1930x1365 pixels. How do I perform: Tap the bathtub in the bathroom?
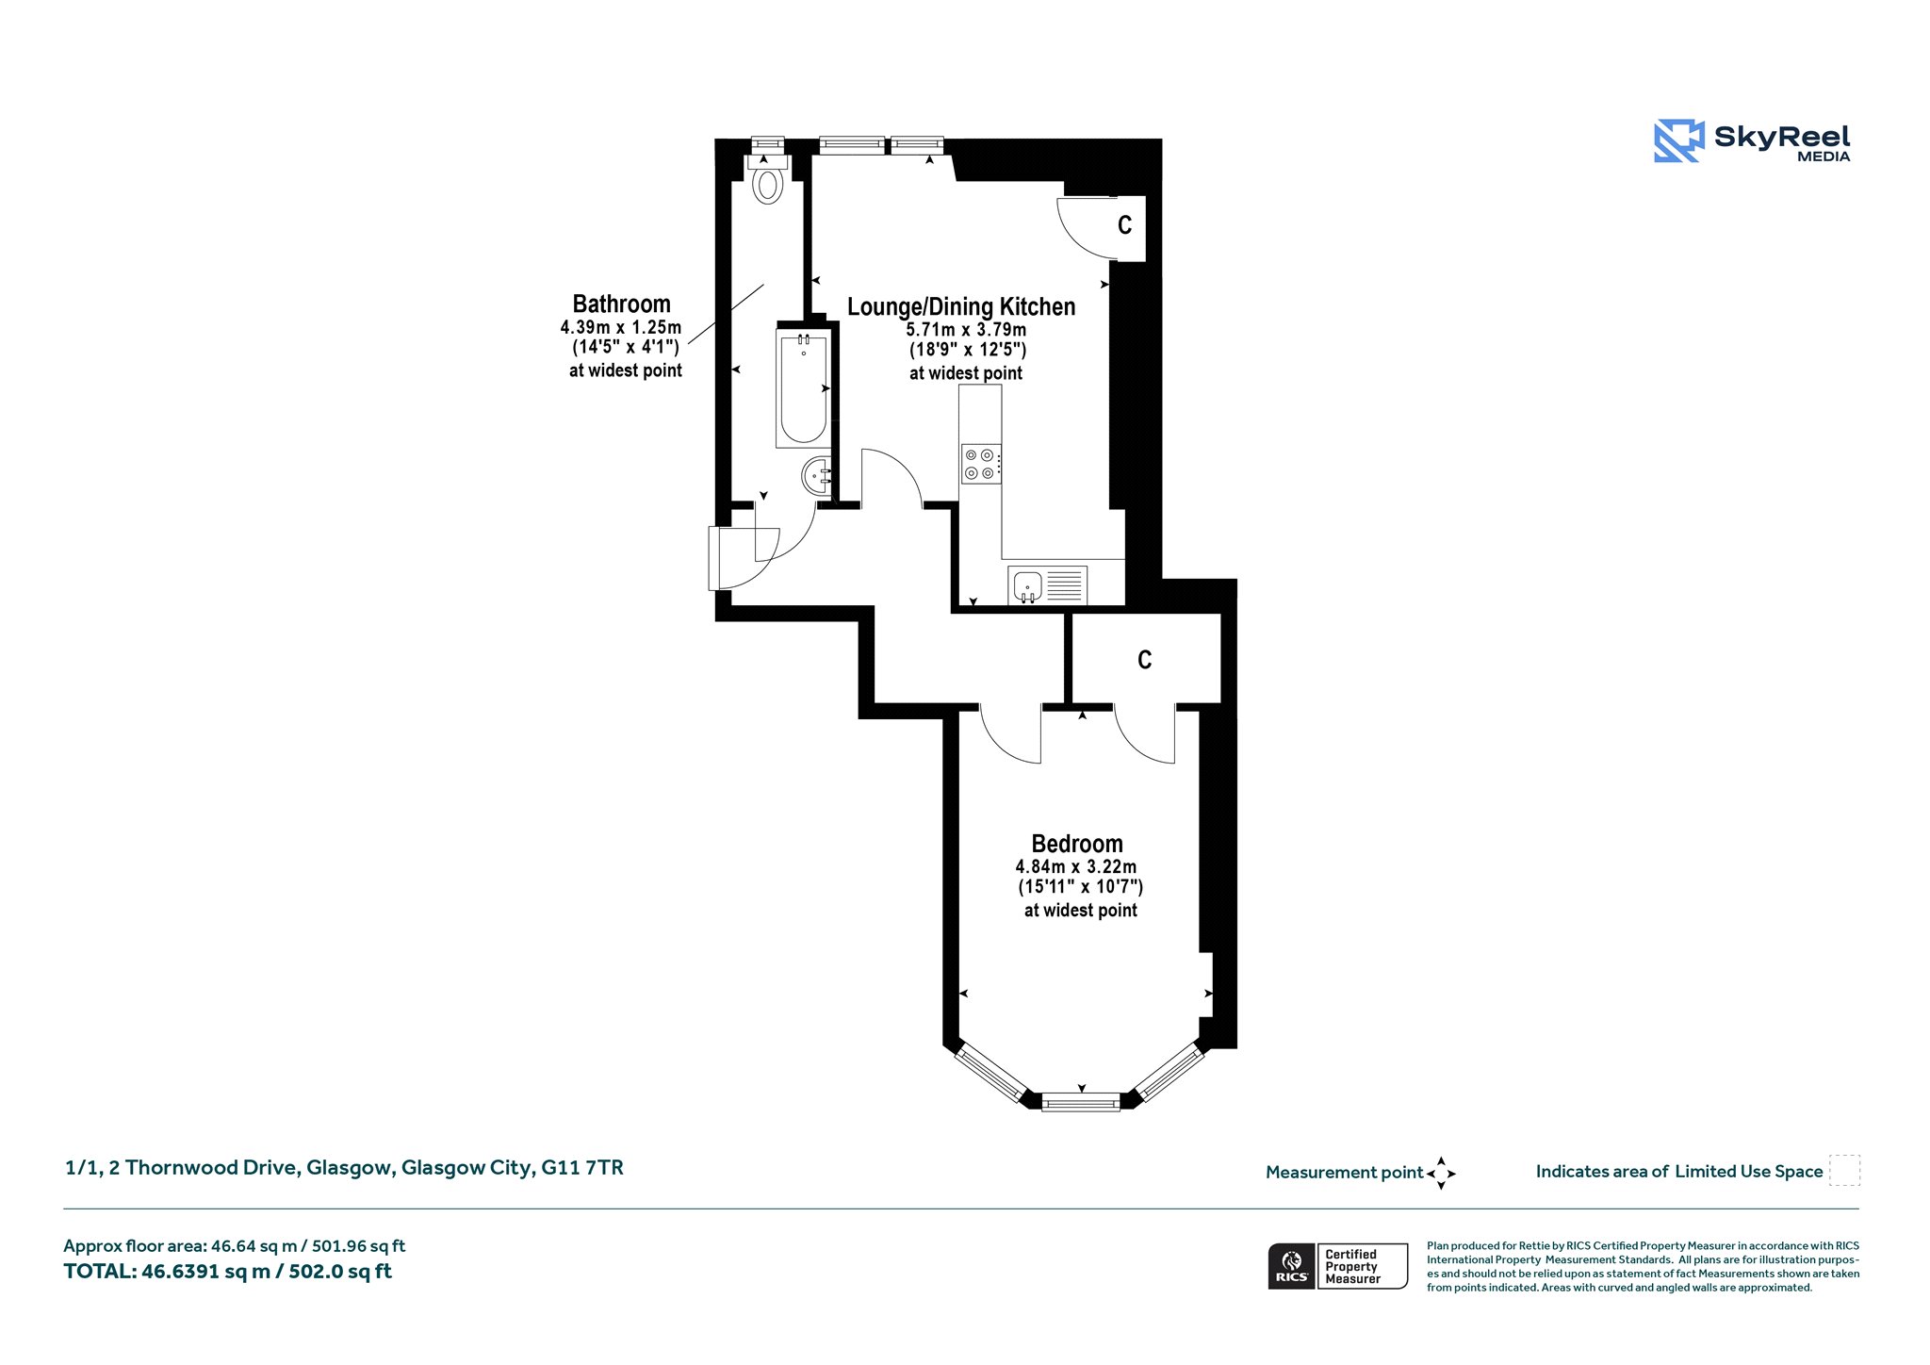click(804, 388)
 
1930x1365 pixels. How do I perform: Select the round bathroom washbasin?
click(817, 476)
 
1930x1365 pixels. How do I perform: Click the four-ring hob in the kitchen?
click(981, 464)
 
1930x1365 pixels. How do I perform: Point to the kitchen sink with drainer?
click(1047, 585)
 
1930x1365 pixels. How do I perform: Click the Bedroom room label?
click(1077, 844)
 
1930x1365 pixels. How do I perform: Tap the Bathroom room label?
click(622, 304)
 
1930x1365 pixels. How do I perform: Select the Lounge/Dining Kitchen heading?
click(961, 306)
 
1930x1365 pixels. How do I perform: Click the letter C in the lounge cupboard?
click(1124, 225)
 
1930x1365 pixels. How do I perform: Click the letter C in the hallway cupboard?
click(1145, 660)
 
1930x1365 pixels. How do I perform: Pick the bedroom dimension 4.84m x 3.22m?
click(1076, 866)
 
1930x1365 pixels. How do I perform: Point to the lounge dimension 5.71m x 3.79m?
click(966, 330)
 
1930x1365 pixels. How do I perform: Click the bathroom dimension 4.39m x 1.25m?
click(621, 327)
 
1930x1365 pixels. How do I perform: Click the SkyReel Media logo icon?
click(1679, 140)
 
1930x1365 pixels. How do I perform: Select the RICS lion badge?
click(1292, 1266)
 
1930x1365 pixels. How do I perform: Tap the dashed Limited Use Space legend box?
click(1844, 1171)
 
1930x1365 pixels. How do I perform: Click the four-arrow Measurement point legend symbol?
click(1441, 1174)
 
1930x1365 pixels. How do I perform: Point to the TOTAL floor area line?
click(227, 1272)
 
